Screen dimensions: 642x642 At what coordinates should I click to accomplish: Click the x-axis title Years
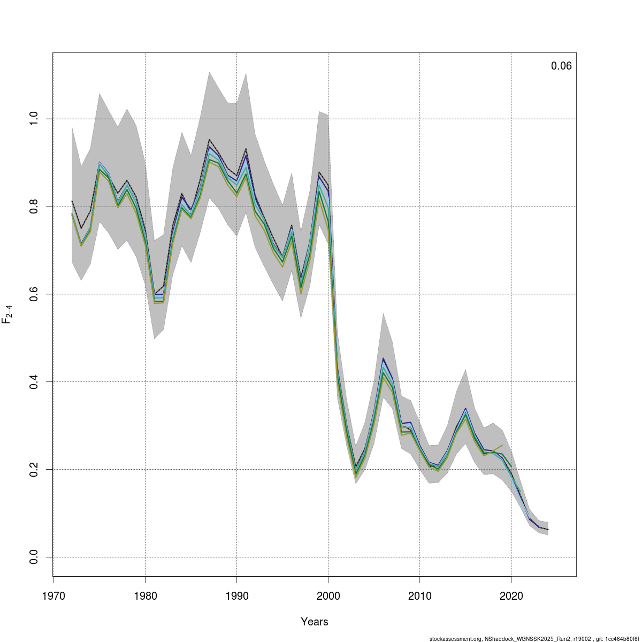(315, 622)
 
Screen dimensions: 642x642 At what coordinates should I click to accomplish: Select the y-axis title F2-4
(7, 314)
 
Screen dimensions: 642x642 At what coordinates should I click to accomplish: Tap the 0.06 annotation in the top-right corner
(561, 66)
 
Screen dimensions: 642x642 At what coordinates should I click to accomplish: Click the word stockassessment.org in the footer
(455, 639)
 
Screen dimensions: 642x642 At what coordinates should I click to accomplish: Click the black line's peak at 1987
(209, 140)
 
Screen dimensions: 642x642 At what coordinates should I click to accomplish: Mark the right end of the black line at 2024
(548, 530)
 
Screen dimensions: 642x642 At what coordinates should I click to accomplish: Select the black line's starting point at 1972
(72, 201)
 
